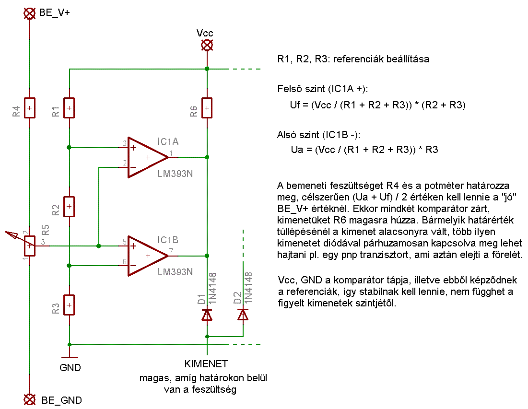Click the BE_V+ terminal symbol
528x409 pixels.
(x=30, y=13)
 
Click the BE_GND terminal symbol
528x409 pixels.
(x=30, y=399)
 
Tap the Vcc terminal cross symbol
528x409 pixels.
(x=207, y=45)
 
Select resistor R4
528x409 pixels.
(x=30, y=108)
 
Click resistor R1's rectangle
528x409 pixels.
(x=69, y=108)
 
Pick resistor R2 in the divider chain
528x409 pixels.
(x=69, y=206)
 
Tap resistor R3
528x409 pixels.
(x=69, y=305)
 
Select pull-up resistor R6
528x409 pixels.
(x=207, y=108)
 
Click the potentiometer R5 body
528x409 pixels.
(x=30, y=246)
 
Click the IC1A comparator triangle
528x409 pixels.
(x=148, y=157)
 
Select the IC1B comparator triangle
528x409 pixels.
(x=148, y=256)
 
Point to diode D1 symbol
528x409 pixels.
(x=207, y=315)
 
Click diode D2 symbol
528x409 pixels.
(x=243, y=315)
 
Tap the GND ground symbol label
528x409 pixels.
(x=70, y=368)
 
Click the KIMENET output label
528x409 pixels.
(x=206, y=364)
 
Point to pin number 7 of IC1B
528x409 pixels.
(x=171, y=251)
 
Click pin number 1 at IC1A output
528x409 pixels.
(x=171, y=153)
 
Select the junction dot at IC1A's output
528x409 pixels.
(x=207, y=157)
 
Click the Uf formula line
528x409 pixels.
(x=378, y=105)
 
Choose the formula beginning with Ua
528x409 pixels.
(x=364, y=150)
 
